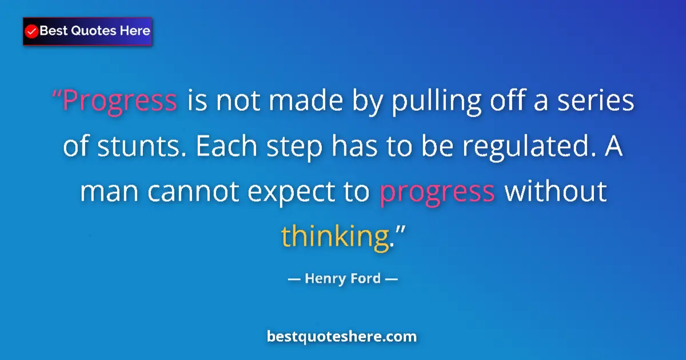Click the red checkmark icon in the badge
pos(32,31)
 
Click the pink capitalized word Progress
pos(119,101)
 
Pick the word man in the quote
pos(110,193)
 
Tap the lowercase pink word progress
pos(437,193)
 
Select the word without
pos(555,193)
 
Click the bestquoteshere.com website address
pos(342,337)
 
